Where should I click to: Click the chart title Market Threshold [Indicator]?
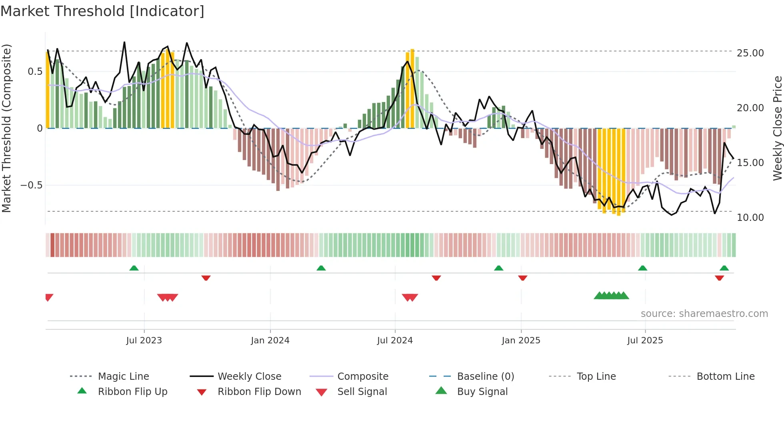[102, 11]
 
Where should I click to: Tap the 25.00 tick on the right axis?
[750, 53]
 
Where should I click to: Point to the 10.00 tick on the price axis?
[750, 218]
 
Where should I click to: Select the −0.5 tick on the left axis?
[31, 185]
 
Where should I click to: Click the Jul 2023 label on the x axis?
[144, 341]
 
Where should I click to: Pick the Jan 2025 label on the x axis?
[521, 341]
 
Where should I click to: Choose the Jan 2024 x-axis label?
[270, 341]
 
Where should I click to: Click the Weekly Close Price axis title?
[777, 128]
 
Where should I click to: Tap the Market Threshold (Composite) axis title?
[6, 128]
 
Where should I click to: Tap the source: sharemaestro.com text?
[704, 314]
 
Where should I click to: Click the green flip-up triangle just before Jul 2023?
[134, 268]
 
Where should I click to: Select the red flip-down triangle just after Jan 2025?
[522, 278]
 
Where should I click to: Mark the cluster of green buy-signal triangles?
[611, 296]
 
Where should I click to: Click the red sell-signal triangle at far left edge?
[49, 297]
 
